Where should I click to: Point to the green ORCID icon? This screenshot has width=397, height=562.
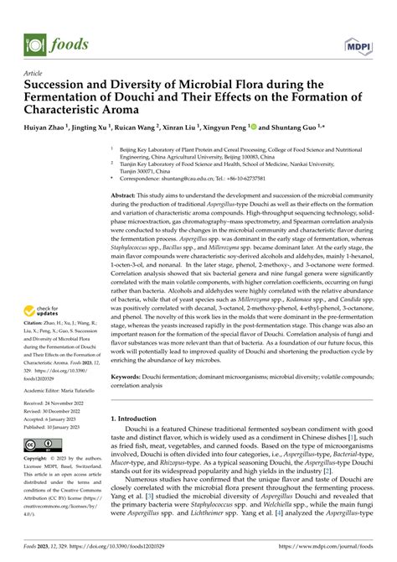pos(251,127)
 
